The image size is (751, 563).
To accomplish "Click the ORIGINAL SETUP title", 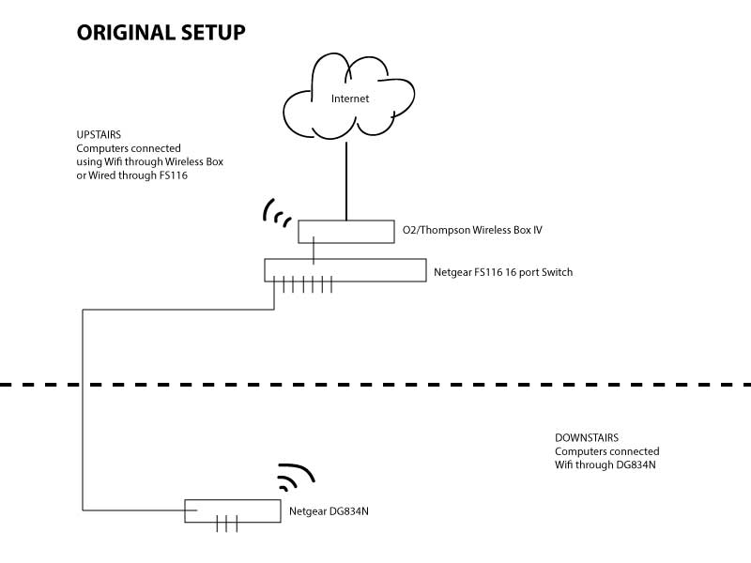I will pos(161,33).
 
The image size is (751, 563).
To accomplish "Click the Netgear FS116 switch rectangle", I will pos(394,270).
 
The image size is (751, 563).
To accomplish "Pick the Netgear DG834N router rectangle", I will pos(253,510).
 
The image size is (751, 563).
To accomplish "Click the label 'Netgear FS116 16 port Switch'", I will pos(502,272).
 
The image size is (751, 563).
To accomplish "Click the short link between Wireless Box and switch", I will pos(314,251).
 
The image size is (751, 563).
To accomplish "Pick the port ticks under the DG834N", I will pos(228,525).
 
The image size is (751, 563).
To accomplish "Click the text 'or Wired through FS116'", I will pos(132,175).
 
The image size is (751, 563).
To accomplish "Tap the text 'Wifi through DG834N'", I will pos(605,464).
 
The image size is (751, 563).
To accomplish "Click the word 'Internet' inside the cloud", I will pos(349,98).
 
